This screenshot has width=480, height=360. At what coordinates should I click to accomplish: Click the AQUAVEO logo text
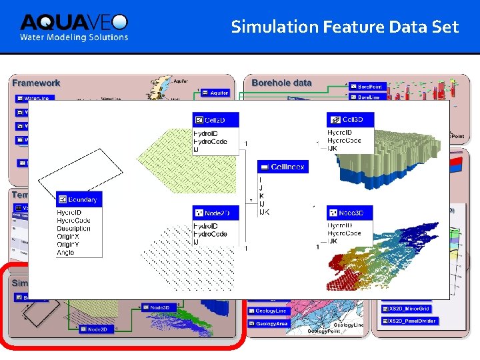tap(73, 22)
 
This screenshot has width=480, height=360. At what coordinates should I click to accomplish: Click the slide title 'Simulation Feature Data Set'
tap(345, 27)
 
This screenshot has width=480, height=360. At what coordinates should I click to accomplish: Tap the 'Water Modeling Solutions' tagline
tap(73, 37)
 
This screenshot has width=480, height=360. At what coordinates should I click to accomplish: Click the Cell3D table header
tap(351, 119)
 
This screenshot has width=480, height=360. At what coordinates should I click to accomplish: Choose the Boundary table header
tap(79, 199)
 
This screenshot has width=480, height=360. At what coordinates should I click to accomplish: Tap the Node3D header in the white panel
tap(351, 213)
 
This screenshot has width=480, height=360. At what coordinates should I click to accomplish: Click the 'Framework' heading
tap(36, 83)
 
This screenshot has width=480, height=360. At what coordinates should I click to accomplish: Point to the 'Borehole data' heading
tap(281, 83)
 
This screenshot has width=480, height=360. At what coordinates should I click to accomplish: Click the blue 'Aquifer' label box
tap(215, 93)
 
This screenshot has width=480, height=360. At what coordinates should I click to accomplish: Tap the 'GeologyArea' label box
tap(271, 323)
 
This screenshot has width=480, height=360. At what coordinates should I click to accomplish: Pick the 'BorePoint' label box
tap(365, 87)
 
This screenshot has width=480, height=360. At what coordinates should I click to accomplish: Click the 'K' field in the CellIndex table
tap(260, 196)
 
